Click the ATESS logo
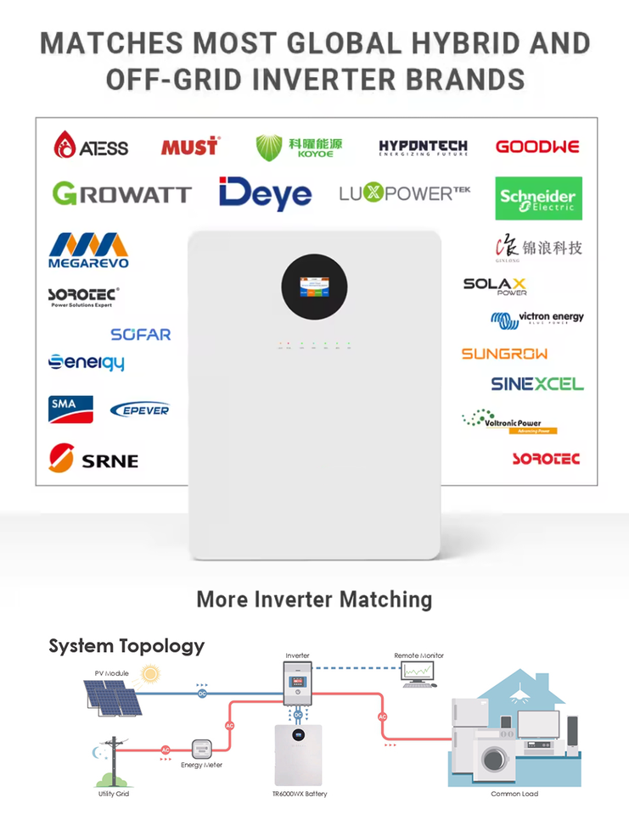click(x=91, y=146)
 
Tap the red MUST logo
click(x=189, y=147)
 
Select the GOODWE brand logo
click(x=537, y=147)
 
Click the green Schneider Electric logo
click(x=539, y=198)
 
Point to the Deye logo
click(x=265, y=194)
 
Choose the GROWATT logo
click(x=121, y=194)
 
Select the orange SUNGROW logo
click(x=504, y=354)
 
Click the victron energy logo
click(x=537, y=319)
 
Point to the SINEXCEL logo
click(x=537, y=384)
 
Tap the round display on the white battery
click(x=315, y=288)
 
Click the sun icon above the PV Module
click(x=151, y=675)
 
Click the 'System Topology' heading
click(x=126, y=645)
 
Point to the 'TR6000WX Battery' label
click(x=299, y=794)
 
